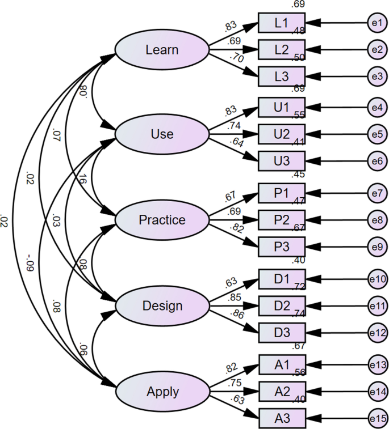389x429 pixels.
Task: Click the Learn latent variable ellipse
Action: [162, 50]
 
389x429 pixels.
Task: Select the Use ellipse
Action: [162, 134]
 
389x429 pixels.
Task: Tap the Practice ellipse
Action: [162, 219]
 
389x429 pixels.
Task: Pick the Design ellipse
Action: [162, 306]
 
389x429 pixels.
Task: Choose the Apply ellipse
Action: [162, 391]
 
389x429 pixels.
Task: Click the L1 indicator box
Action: [282, 23]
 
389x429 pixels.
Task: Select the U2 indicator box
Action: [282, 134]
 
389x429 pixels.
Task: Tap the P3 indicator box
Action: [282, 246]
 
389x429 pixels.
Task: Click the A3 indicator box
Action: [282, 417]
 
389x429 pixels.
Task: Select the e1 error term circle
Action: [376, 23]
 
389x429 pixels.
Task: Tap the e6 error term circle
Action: [376, 161]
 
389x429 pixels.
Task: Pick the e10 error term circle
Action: [376, 279]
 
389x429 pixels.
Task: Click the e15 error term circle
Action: [376, 417]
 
